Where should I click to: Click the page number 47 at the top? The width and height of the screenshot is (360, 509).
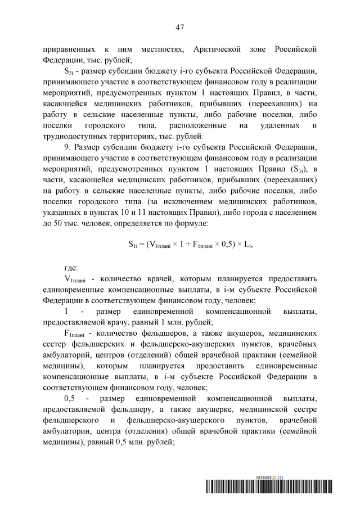(180, 27)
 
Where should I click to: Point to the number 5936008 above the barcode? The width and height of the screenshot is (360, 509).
(263, 478)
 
